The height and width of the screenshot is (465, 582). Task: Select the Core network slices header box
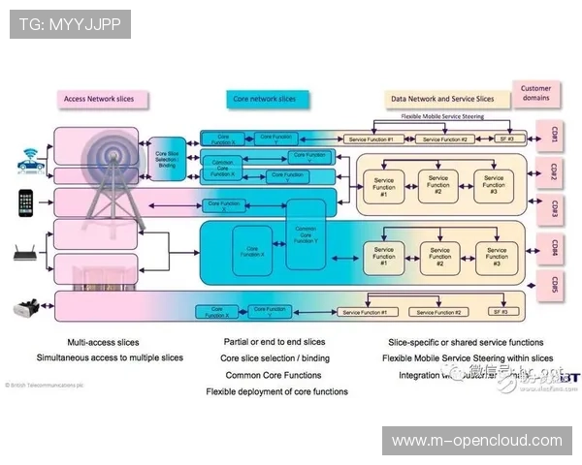265,99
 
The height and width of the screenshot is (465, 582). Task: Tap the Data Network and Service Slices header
441,99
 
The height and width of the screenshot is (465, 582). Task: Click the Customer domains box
535,93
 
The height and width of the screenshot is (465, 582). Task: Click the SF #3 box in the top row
504,139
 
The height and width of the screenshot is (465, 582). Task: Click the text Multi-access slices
103,342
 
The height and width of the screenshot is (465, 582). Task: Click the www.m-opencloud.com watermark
476,441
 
